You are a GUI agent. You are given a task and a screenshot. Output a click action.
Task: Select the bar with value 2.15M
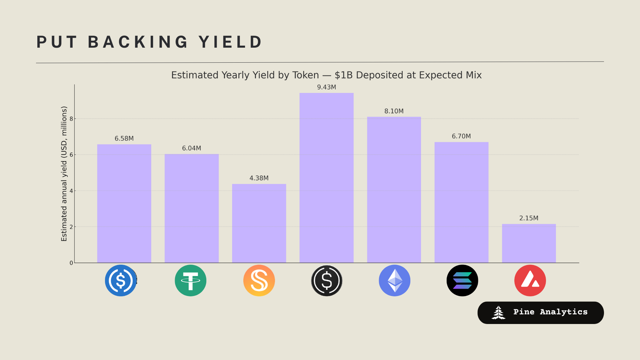pyautogui.click(x=529, y=243)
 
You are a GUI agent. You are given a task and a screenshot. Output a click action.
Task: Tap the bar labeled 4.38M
pyautogui.click(x=259, y=223)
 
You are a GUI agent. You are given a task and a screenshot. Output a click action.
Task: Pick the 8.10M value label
pyautogui.click(x=394, y=111)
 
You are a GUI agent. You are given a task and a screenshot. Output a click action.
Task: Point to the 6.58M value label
pyautogui.click(x=124, y=139)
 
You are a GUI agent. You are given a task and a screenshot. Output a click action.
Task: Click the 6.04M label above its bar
pyautogui.click(x=191, y=148)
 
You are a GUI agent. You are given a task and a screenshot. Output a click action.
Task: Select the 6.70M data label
pyautogui.click(x=461, y=136)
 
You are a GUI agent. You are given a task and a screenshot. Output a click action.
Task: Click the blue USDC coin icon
pyautogui.click(x=121, y=280)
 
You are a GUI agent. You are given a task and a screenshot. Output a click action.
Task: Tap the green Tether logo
pyautogui.click(x=190, y=280)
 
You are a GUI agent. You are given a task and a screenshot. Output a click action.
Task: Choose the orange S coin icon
pyautogui.click(x=259, y=280)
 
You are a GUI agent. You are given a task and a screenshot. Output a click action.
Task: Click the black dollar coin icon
pyautogui.click(x=327, y=280)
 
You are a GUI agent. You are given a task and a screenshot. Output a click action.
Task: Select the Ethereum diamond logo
pyautogui.click(x=394, y=280)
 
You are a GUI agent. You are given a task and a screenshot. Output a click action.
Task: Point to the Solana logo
pyautogui.click(x=462, y=280)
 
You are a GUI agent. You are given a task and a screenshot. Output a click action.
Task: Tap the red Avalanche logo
pyautogui.click(x=530, y=280)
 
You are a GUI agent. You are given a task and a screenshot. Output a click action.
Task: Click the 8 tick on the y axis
pyautogui.click(x=71, y=119)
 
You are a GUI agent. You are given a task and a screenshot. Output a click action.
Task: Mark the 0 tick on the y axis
pyautogui.click(x=71, y=263)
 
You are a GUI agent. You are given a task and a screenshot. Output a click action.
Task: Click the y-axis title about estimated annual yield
pyautogui.click(x=64, y=174)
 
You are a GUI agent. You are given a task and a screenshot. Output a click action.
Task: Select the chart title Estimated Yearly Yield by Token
pyautogui.click(x=326, y=75)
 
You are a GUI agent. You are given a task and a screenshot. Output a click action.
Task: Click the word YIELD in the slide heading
pyautogui.click(x=231, y=42)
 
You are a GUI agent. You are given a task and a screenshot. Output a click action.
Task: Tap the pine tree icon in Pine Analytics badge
pyautogui.click(x=498, y=313)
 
